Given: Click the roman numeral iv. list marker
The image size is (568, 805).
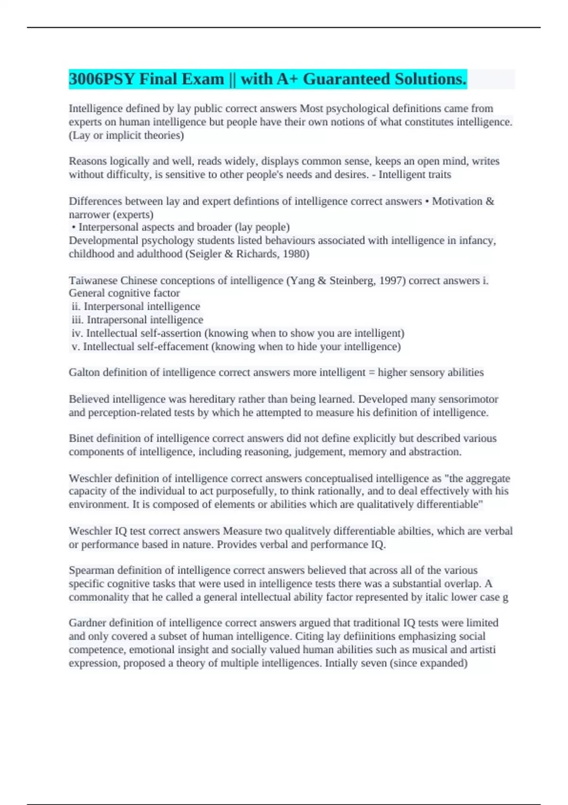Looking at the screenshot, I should (x=77, y=333).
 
